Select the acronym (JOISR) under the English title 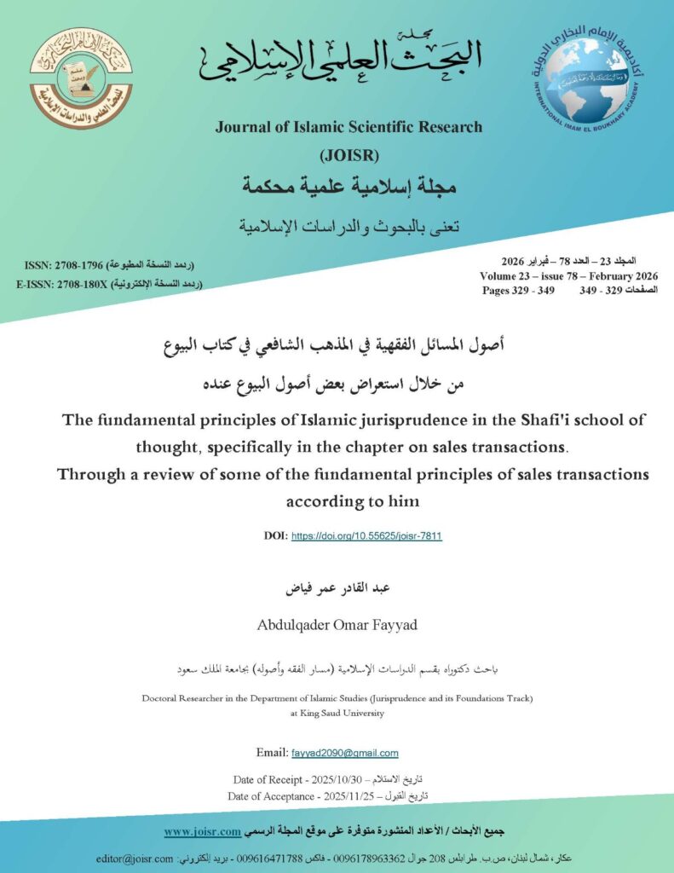pos(349,155)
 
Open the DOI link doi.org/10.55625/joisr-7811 pos(366,536)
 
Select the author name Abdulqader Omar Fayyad pos(337,625)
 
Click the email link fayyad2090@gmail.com pos(345,753)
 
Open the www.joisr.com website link pos(201,830)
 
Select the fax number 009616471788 pos(290,859)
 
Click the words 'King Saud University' pos(337,713)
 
